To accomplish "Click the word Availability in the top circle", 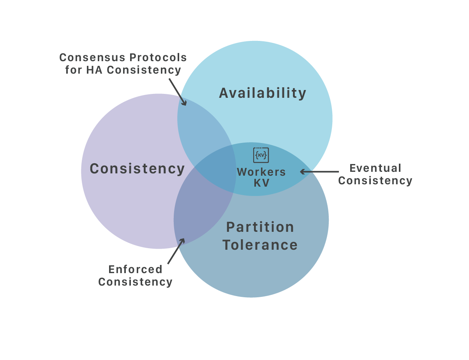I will pyautogui.click(x=263, y=93).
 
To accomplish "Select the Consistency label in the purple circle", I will pyautogui.click(x=137, y=169).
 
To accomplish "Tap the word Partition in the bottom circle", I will pyautogui.click(x=260, y=227).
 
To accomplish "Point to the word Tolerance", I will pyautogui.click(x=260, y=245).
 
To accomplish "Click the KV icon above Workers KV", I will pyautogui.click(x=261, y=155).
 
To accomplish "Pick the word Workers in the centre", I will pyautogui.click(x=261, y=172).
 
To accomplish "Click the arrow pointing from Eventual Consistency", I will pyautogui.click(x=319, y=171).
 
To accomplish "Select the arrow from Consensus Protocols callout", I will pyautogui.click(x=178, y=92).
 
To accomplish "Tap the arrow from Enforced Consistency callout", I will pyautogui.click(x=176, y=251).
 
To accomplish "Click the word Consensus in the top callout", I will pyautogui.click(x=92, y=58).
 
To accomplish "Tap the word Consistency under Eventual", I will pyautogui.click(x=375, y=181).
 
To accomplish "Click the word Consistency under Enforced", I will pyautogui.click(x=135, y=282).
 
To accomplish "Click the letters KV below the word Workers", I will pyautogui.click(x=261, y=183).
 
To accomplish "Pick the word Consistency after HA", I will pyautogui.click(x=144, y=70).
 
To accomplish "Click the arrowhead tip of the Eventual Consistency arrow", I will pyautogui.click(x=301, y=171).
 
